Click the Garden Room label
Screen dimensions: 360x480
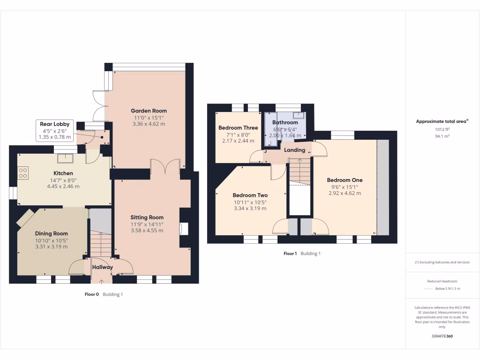tap(149, 111)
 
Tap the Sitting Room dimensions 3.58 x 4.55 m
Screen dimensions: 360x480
tap(147, 230)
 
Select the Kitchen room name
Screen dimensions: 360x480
tap(63, 173)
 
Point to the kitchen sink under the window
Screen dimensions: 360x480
tap(65, 157)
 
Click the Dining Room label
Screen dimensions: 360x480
tap(51, 233)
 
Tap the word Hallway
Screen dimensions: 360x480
tap(102, 267)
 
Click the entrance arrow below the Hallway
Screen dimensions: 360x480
tap(102, 281)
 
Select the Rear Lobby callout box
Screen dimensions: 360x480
tap(55, 131)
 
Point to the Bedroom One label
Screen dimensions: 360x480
tap(345, 180)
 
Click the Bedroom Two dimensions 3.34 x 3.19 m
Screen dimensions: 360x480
tap(250, 209)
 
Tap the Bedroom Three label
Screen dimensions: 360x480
tap(238, 128)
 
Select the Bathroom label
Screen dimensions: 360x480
tap(285, 122)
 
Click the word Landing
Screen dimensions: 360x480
tap(295, 150)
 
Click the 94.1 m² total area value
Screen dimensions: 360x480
tap(442, 136)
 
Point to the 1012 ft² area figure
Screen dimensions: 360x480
tap(442, 129)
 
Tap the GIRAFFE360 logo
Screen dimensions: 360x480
tap(442, 337)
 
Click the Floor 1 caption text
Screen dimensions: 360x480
tap(290, 254)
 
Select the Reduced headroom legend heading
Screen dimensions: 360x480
tap(442, 281)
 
